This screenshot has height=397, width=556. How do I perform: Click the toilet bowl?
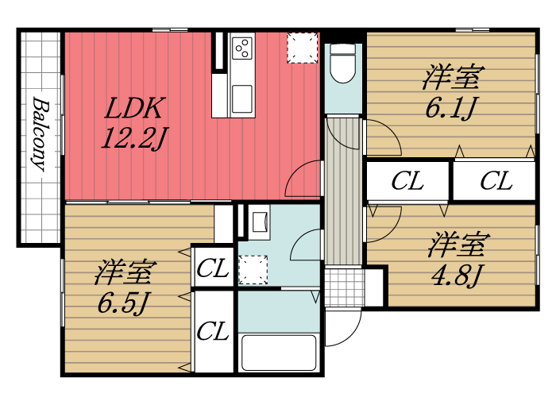(343, 64)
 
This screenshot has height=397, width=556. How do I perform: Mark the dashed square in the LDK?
(301, 47)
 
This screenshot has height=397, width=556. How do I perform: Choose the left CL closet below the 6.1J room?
(407, 181)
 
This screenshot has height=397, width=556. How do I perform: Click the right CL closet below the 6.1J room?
(495, 181)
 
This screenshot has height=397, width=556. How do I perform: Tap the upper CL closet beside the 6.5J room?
(212, 268)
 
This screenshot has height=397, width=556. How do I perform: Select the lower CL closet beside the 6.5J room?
(212, 330)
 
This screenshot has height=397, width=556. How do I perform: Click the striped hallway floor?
(344, 191)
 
